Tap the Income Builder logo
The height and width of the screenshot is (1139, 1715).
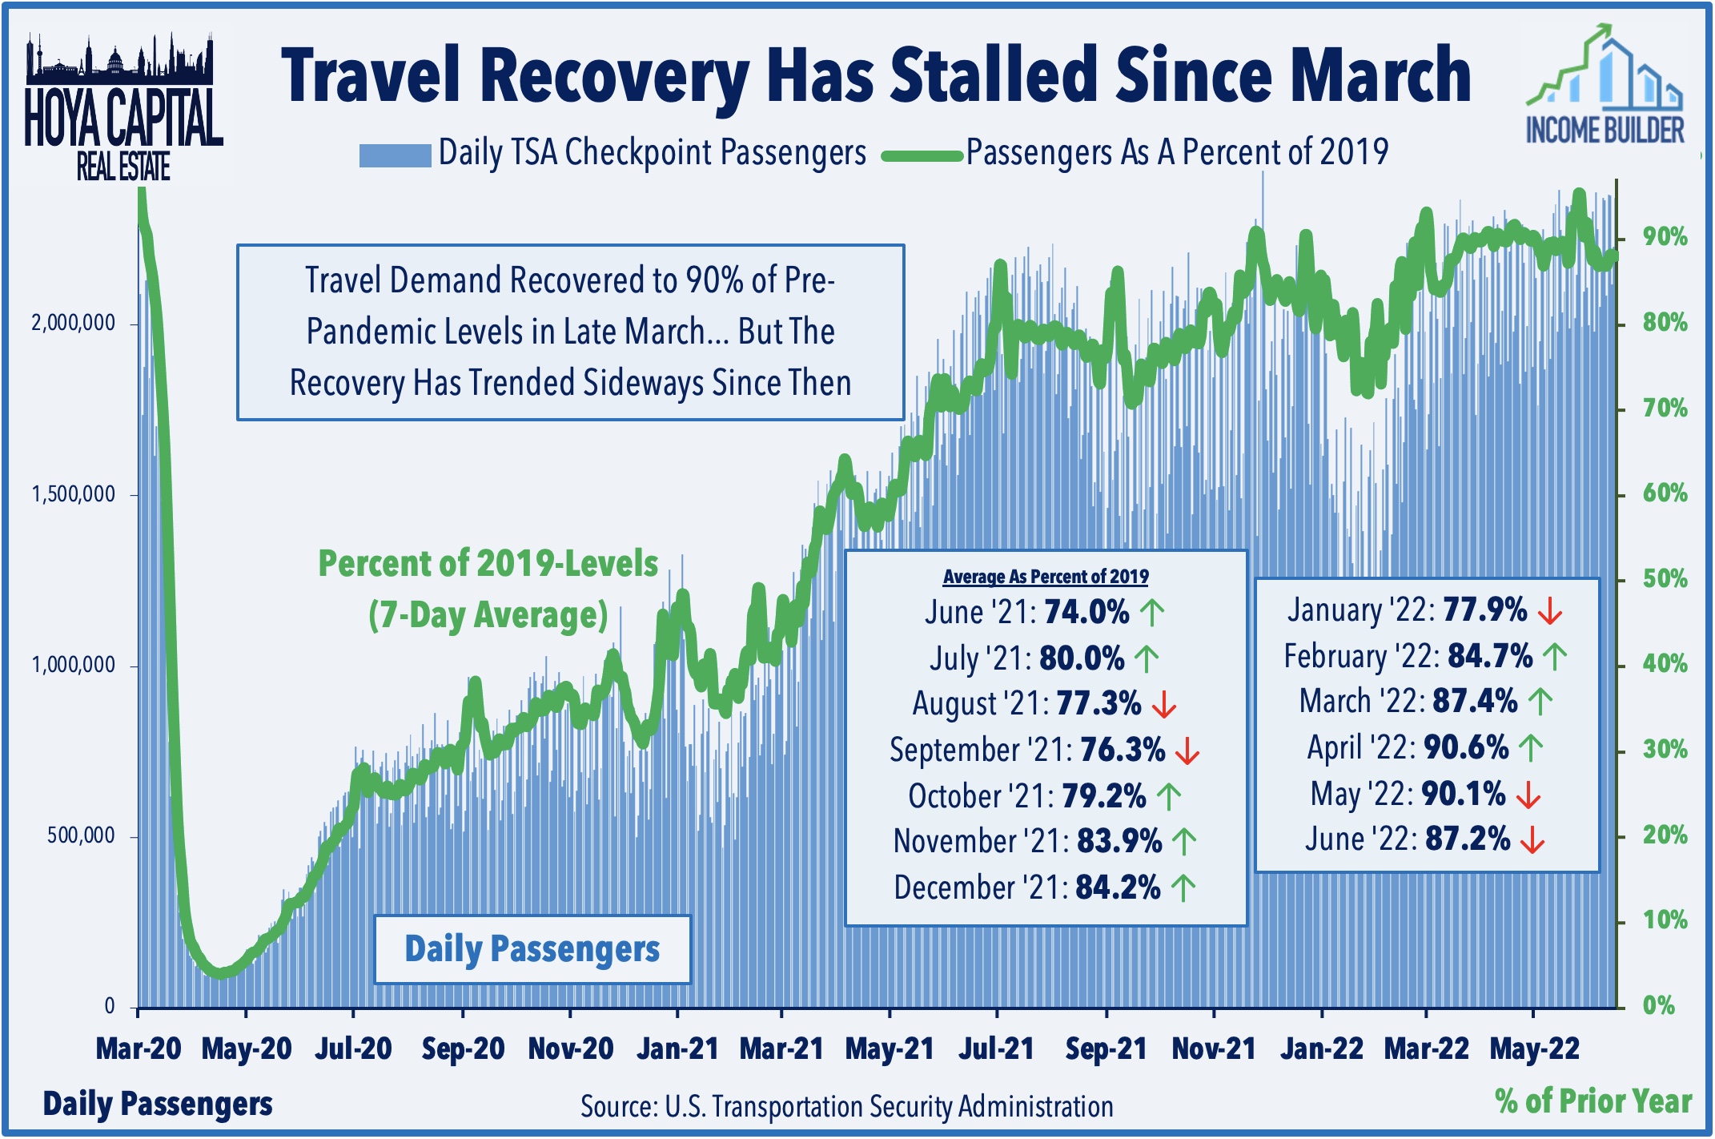(x=1605, y=88)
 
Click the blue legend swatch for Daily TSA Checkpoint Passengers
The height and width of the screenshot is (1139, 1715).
(x=395, y=155)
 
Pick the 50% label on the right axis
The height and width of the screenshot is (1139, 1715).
(x=1665, y=578)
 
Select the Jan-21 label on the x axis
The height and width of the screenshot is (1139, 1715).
(x=677, y=1048)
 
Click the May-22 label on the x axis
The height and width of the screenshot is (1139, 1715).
(x=1534, y=1048)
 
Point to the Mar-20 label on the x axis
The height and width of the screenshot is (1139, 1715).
(x=139, y=1048)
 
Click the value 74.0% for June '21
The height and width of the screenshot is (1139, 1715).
(x=1086, y=613)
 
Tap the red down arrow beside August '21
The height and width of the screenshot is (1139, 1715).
(x=1163, y=705)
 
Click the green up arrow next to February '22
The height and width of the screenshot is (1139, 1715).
(x=1554, y=657)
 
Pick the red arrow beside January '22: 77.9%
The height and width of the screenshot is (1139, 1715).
(x=1550, y=612)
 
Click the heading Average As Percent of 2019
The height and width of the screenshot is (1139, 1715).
(x=1045, y=577)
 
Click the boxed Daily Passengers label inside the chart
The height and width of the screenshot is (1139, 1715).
(x=532, y=949)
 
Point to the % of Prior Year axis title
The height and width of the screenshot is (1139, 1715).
(x=1592, y=1101)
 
